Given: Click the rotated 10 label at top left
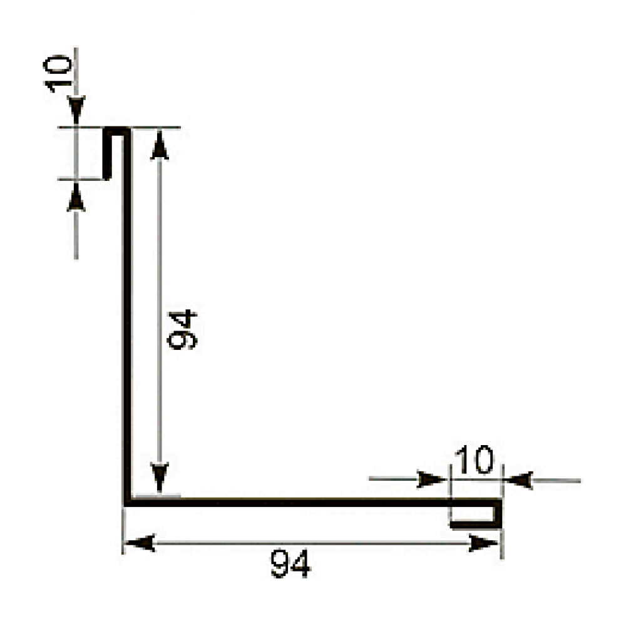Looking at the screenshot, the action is tap(58, 73).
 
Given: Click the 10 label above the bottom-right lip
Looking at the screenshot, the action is tap(475, 459).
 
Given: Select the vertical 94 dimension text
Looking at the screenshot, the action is tap(182, 330).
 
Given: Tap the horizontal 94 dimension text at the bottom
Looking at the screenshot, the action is tap(290, 563).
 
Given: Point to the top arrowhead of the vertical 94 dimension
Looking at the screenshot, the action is tap(159, 145).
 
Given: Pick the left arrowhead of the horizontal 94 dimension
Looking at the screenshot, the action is tap(140, 543).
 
